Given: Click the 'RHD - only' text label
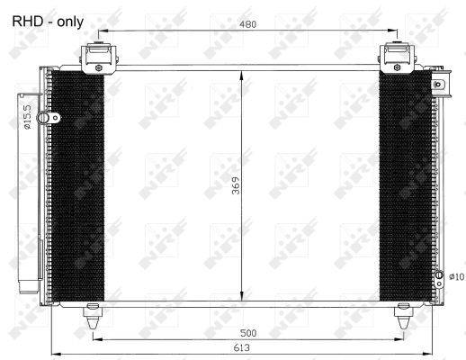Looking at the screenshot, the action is (x=48, y=22).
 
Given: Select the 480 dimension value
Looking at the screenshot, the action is (x=248, y=24).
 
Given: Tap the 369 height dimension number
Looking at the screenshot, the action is (x=237, y=185).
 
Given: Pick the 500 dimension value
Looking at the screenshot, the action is (x=248, y=333).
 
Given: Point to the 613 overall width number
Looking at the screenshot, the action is (x=242, y=347).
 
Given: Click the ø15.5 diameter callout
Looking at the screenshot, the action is (x=27, y=117).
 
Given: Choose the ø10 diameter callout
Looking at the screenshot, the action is (x=457, y=276).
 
